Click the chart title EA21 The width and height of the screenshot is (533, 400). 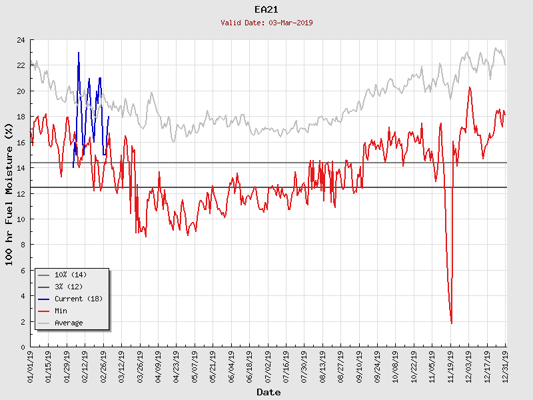point(266,9)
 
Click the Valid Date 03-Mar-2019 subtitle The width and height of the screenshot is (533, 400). point(266,23)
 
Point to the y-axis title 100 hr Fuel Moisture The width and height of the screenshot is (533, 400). point(9,193)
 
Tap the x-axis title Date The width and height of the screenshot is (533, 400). point(268,392)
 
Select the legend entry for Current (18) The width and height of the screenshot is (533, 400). point(78,299)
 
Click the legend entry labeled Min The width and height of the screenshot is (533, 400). point(61,311)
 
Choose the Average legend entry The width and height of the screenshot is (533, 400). point(69,323)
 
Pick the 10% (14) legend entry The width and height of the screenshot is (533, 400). point(70,275)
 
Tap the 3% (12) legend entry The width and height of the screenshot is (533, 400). point(69,287)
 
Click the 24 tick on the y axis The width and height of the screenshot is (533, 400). point(21,40)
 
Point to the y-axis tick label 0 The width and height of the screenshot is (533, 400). point(23,347)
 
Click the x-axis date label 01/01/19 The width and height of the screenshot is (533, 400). point(31,365)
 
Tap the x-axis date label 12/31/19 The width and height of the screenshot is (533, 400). point(505,365)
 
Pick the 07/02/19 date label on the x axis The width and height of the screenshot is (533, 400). point(268,365)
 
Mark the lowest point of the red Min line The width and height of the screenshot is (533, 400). point(452,323)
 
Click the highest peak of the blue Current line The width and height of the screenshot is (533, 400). point(79,53)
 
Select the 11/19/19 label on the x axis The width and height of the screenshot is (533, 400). point(450,365)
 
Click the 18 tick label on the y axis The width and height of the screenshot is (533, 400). point(21,117)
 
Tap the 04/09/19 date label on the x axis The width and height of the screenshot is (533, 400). point(159,365)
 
